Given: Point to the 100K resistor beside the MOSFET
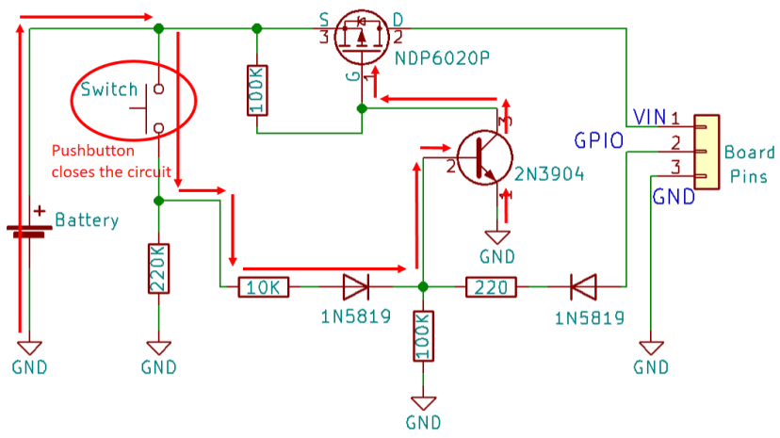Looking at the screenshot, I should tap(256, 90).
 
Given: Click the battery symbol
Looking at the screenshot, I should tap(30, 226).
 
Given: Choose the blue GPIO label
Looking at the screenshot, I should tap(599, 141).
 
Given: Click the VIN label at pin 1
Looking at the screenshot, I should tap(650, 117).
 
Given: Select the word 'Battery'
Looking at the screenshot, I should tap(87, 220).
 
